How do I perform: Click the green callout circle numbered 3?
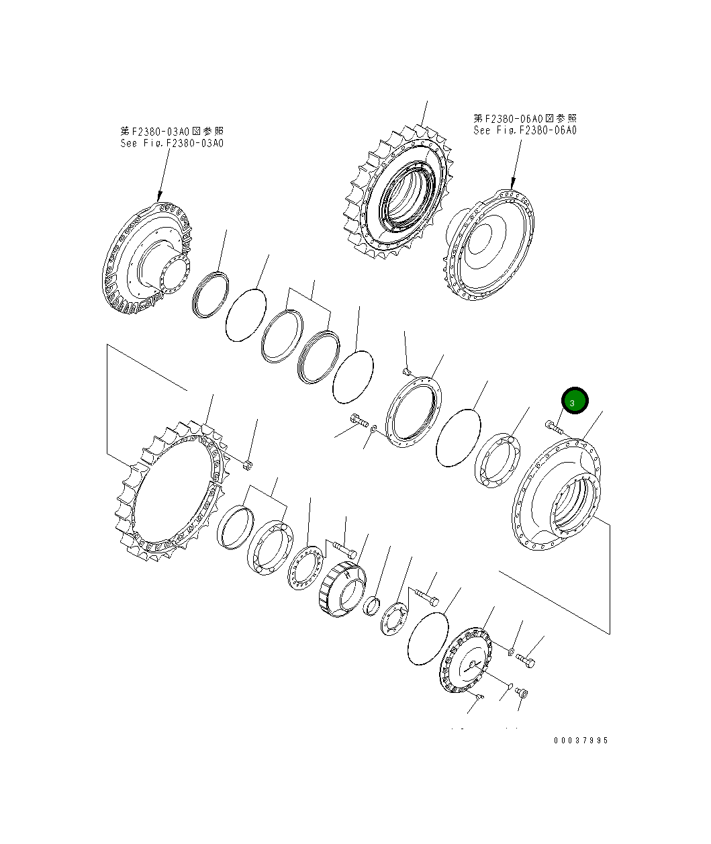pyautogui.click(x=575, y=400)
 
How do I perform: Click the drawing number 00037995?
pyautogui.click(x=581, y=741)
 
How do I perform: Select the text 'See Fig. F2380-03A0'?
pyautogui.click(x=172, y=143)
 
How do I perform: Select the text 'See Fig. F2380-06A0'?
pyautogui.click(x=524, y=130)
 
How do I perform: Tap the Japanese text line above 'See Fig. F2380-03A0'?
pyautogui.click(x=172, y=131)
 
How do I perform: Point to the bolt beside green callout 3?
pyautogui.click(x=554, y=427)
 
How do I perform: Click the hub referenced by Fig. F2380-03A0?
pyautogui.click(x=146, y=259)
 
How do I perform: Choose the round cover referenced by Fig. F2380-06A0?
pyautogui.click(x=489, y=245)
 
